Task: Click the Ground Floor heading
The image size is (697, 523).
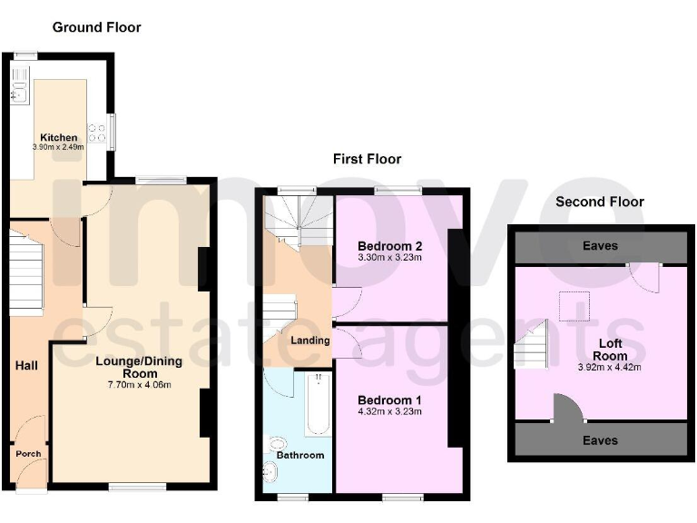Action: pos(96,27)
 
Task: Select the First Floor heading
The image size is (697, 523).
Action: pos(367,159)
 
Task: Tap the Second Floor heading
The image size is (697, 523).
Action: pos(600,202)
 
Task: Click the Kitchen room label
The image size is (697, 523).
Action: pos(59,137)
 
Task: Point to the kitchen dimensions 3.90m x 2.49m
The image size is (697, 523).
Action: pos(59,146)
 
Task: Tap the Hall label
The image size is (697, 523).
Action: pos(26,365)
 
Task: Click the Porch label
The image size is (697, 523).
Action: pos(27,454)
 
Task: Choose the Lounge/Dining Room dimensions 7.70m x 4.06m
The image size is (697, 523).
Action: pos(140,384)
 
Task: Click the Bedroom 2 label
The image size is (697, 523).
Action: pos(390,246)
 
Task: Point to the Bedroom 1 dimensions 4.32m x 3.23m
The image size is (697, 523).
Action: pos(390,411)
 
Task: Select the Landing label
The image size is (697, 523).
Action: pos(309,340)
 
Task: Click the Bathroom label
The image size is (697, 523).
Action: pos(300,455)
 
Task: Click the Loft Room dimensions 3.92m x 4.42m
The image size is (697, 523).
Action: pos(610,368)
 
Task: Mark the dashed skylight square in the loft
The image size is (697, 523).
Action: pos(574,306)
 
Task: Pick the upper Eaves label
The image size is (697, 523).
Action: pos(600,246)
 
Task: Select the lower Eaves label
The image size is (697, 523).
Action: pos(600,440)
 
